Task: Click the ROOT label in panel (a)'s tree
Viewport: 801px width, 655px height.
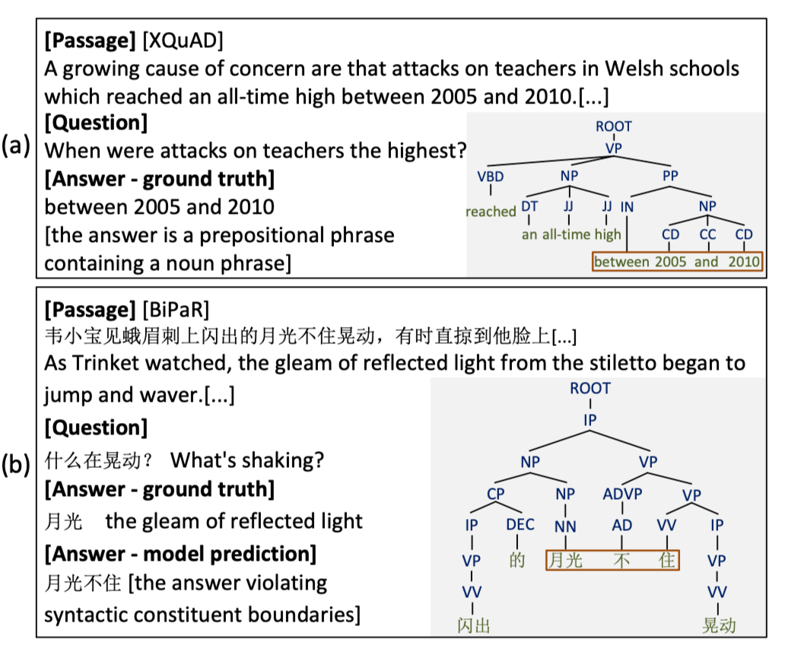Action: [613, 126]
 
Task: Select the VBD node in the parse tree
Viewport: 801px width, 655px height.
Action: [490, 176]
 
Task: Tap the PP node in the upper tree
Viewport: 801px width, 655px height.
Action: [670, 176]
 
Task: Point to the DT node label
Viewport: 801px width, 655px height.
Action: [529, 205]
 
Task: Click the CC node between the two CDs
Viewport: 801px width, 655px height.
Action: [707, 234]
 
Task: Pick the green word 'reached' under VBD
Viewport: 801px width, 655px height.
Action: [491, 211]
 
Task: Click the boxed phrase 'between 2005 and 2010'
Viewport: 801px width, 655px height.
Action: [676, 262]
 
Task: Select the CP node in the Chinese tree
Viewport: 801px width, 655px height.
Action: [495, 494]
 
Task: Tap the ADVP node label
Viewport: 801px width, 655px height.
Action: [622, 494]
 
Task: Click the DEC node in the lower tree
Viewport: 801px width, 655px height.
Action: [520, 525]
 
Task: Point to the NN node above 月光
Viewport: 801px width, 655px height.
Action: [565, 526]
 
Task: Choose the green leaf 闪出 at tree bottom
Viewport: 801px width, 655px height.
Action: [473, 625]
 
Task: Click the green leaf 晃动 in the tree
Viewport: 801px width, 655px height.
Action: [719, 625]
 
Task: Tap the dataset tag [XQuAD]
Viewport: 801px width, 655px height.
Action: [183, 40]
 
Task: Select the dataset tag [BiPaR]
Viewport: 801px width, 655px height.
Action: [176, 310]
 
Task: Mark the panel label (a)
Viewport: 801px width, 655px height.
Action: [16, 146]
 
